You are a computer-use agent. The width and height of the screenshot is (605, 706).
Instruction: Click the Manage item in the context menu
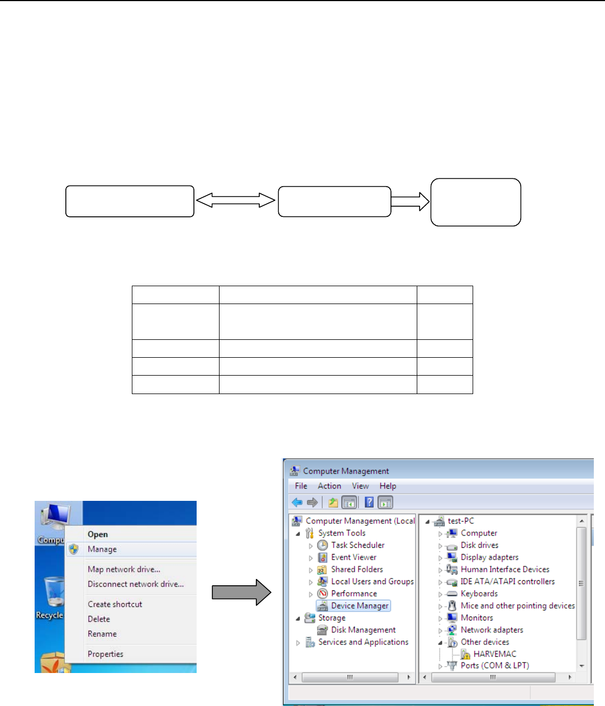tap(102, 549)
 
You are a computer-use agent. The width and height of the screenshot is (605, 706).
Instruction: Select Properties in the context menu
tap(106, 654)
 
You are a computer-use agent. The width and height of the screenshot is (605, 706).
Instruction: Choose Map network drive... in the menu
tap(124, 570)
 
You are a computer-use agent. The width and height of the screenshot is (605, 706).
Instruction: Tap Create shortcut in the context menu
tap(115, 604)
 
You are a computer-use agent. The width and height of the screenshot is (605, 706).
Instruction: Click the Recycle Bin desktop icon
tap(53, 595)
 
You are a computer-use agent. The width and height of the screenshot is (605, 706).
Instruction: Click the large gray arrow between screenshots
tap(241, 592)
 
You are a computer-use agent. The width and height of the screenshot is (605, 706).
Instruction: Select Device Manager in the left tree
tap(359, 606)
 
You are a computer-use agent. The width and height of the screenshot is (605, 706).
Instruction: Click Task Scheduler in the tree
tap(358, 545)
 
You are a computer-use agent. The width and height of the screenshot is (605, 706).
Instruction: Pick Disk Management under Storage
tap(363, 630)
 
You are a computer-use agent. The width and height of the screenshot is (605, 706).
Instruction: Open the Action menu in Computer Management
tap(329, 486)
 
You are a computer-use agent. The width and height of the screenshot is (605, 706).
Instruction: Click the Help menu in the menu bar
tap(388, 486)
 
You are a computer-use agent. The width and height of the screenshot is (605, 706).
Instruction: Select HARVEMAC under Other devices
tap(494, 654)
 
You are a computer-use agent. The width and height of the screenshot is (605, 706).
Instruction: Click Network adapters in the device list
tap(492, 630)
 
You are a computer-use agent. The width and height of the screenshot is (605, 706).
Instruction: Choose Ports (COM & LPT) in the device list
tap(494, 666)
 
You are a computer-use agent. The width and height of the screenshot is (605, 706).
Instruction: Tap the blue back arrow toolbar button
tap(297, 503)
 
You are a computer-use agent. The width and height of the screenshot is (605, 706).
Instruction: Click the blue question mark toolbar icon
tap(369, 503)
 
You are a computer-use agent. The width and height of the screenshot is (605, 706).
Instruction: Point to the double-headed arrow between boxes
tap(236, 201)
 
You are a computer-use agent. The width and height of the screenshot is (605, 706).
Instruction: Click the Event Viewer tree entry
tap(354, 557)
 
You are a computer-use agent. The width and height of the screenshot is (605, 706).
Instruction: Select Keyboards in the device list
tap(479, 594)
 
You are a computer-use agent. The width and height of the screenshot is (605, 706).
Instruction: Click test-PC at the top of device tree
tap(460, 521)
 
